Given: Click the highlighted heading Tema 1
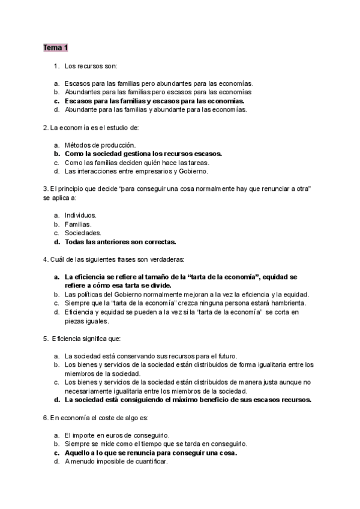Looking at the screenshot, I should [x=55, y=47].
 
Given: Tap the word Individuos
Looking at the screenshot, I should [x=80, y=215].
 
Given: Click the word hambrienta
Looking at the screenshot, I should [x=286, y=303].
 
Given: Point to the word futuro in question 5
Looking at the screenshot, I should [x=226, y=355].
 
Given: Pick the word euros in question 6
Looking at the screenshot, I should [x=108, y=435].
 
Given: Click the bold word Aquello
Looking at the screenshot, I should [x=79, y=453].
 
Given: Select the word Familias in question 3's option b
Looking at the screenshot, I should [x=78, y=224].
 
